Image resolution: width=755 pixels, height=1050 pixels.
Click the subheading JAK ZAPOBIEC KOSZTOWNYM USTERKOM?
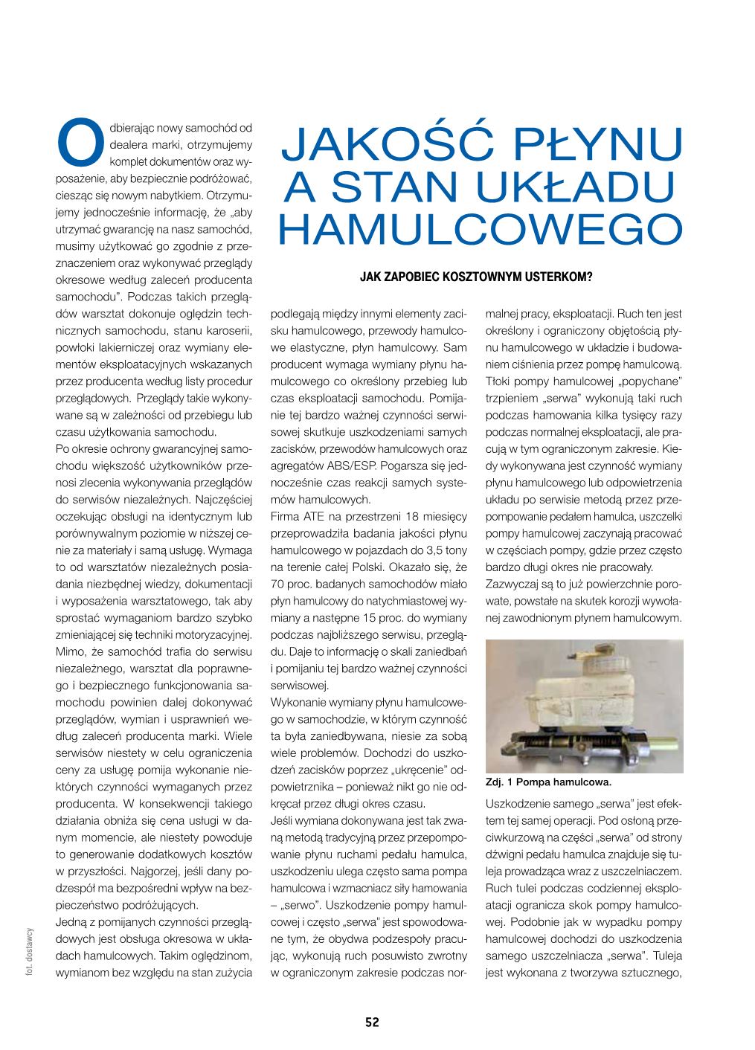click(475, 278)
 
